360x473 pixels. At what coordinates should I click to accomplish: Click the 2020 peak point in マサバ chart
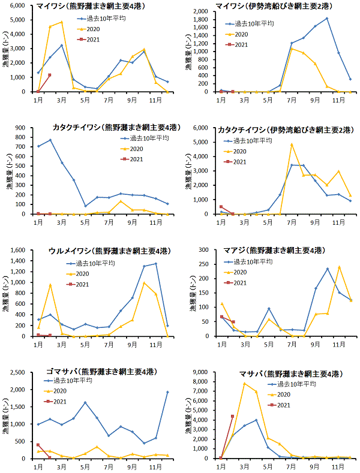pyautogui.click(x=244, y=384)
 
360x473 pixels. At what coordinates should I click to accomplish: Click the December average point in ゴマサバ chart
pyautogui.click(x=167, y=392)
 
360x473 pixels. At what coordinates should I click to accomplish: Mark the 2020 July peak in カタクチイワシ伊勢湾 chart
pyautogui.click(x=292, y=144)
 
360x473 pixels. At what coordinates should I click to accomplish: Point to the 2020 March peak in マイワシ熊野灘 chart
pyautogui.click(x=61, y=22)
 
